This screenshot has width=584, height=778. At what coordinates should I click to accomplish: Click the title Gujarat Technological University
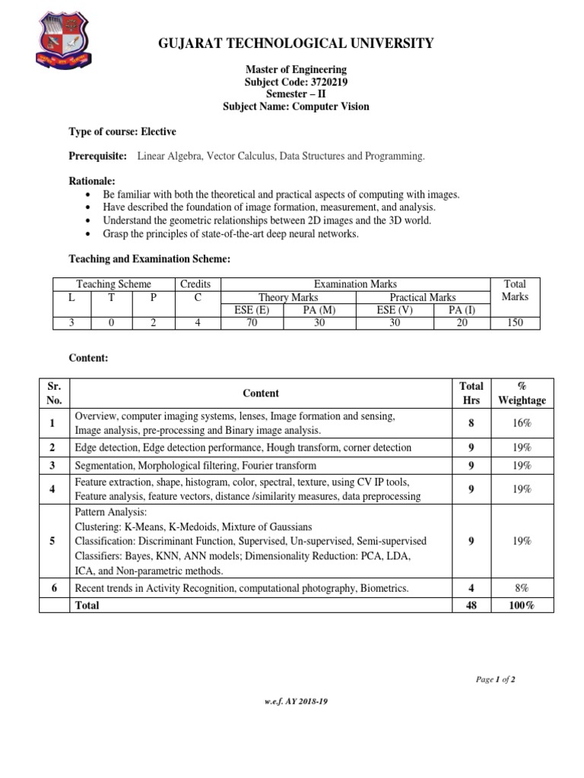click(296, 43)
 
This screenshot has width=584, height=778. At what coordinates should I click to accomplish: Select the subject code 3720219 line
click(296, 82)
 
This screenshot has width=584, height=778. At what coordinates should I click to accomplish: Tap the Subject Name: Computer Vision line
click(296, 106)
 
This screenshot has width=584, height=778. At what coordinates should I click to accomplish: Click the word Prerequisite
click(98, 156)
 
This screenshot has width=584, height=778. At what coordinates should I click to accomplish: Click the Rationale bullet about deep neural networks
click(230, 233)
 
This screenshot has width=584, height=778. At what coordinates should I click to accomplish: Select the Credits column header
click(195, 283)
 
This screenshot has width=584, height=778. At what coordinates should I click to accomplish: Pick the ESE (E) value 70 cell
click(252, 322)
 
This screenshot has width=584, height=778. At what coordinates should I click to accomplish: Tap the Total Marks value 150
click(515, 322)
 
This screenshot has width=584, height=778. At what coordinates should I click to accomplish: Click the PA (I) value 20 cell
click(455, 322)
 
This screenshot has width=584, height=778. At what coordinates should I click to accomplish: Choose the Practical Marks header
click(423, 297)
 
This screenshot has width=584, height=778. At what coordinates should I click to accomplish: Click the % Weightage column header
click(522, 393)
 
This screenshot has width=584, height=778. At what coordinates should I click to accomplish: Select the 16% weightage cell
click(522, 422)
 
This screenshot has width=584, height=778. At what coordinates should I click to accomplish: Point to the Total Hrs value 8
click(471, 422)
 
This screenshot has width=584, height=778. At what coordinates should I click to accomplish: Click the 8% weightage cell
click(522, 588)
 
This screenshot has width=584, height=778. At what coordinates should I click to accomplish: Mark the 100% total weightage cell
click(522, 606)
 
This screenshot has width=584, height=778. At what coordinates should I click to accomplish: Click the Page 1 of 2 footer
click(495, 679)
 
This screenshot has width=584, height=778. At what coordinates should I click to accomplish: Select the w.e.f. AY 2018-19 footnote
click(296, 701)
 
